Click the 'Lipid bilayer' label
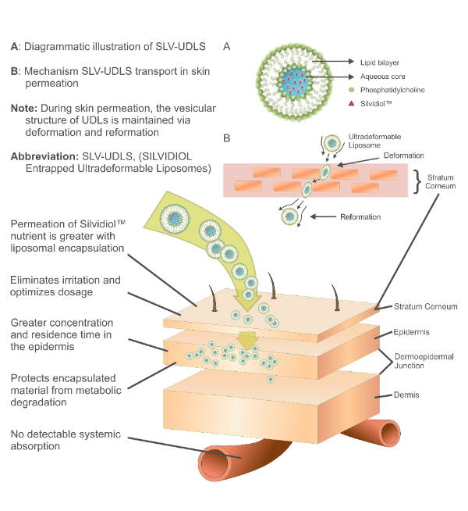click(380, 63)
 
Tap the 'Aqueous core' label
click(382, 77)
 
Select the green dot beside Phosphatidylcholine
click(351, 90)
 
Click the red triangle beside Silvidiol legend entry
click(351, 104)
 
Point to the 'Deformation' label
click(403, 155)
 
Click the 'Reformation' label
click(360, 216)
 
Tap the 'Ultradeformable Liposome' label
click(374, 141)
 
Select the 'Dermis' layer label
click(406, 395)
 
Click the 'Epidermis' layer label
click(411, 332)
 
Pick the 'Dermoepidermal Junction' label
click(424, 361)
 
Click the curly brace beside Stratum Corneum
click(417, 182)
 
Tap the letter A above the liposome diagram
click(227, 47)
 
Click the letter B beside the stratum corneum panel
click(227, 138)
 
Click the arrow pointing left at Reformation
click(323, 216)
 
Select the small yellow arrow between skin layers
click(248, 341)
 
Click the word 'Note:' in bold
click(24, 108)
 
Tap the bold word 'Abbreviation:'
click(44, 156)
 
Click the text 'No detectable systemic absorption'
click(66, 440)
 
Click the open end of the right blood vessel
click(389, 433)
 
